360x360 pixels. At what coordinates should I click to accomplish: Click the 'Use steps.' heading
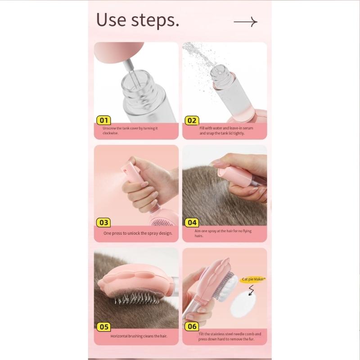137,21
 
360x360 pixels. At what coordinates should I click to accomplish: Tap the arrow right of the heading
245,22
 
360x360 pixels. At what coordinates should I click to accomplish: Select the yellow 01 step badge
104,120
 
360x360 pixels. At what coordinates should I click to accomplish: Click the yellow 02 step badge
192,120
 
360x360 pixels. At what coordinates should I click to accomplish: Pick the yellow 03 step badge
104,222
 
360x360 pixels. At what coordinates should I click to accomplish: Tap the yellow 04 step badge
192,222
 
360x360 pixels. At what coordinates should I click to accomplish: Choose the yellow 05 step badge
104,327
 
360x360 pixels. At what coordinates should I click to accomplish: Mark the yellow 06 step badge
192,327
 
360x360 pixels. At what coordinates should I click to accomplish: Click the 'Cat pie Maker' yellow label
254,279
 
